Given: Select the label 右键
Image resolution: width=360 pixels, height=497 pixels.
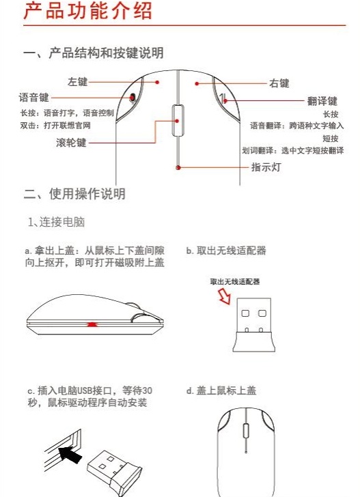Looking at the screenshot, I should coord(279,84).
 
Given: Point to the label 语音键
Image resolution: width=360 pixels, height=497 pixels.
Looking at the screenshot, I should coord(34,98).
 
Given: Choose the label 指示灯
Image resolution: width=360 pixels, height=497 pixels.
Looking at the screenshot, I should coord(266,166).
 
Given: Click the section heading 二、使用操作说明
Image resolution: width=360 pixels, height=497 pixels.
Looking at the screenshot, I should coord(74,194).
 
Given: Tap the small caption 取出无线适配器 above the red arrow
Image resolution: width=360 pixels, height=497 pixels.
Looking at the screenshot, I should coord(235,281).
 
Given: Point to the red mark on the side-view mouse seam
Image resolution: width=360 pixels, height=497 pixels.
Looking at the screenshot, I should coord(93,323).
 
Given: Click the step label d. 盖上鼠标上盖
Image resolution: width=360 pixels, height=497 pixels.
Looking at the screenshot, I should coord(221,391).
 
